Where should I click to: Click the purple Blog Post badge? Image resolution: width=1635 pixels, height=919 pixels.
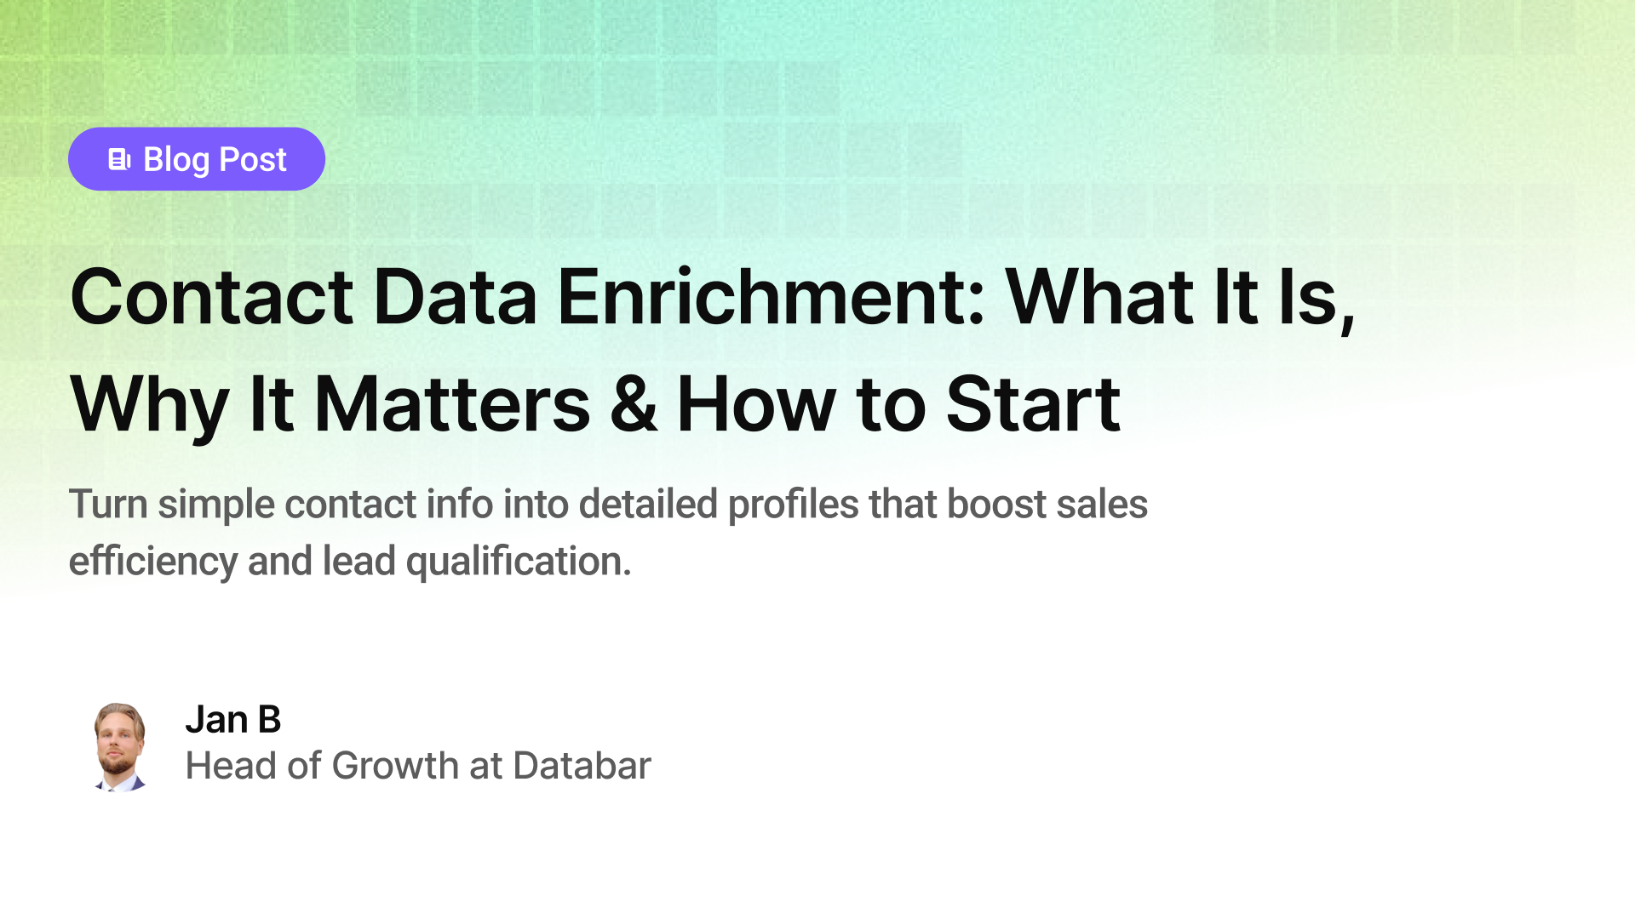[x=197, y=159]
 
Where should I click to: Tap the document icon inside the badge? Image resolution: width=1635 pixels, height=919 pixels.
[x=119, y=159]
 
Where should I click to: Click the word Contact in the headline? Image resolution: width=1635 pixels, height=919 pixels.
[x=211, y=297]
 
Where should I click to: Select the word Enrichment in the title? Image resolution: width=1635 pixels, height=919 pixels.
[x=771, y=297]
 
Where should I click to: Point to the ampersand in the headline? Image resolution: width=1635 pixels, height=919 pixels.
[x=634, y=405]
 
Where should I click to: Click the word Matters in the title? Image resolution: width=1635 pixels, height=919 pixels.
[x=451, y=405]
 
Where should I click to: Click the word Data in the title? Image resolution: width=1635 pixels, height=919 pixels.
[x=455, y=297]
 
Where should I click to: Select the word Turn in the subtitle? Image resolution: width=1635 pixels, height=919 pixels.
[x=108, y=504]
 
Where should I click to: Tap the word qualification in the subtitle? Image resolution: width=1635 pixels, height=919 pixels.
[x=518, y=562]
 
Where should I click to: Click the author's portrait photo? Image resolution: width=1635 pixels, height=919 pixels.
[x=119, y=747]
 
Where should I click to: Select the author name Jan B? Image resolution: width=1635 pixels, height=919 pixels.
[x=232, y=720]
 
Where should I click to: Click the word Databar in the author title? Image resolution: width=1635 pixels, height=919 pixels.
[x=582, y=766]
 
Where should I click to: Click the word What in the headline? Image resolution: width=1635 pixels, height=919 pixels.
[x=1099, y=297]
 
